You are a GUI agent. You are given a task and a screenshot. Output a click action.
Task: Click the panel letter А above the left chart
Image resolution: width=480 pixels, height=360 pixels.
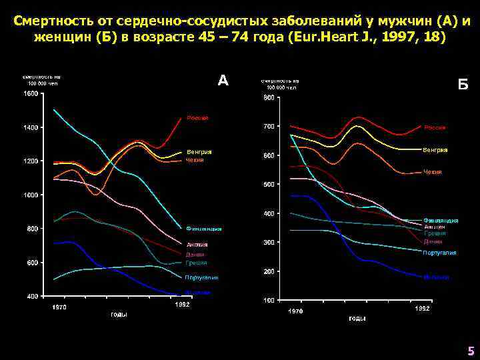point(223,81)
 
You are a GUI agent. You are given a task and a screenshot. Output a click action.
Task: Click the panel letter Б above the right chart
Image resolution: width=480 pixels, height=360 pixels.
point(463,85)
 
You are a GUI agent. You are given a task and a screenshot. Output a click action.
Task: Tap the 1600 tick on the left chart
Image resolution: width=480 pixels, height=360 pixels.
point(31,93)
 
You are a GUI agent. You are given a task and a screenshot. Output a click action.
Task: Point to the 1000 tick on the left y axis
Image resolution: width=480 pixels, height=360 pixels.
point(31,195)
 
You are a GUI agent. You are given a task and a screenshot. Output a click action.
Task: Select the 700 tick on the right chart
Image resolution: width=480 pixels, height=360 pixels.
point(268,127)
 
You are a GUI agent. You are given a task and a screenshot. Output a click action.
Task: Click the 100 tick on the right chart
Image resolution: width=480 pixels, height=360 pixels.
point(268,301)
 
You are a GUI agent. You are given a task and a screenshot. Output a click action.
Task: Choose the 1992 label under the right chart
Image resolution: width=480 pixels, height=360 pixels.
point(423,309)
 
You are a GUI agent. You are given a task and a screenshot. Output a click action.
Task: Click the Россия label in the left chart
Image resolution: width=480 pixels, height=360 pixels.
point(197,118)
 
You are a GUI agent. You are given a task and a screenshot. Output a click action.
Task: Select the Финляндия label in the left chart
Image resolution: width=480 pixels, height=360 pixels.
point(204,229)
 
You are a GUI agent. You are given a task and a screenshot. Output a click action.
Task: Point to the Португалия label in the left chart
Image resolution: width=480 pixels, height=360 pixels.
point(202,277)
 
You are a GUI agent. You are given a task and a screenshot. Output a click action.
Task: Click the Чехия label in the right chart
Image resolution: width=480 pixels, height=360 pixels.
point(433,172)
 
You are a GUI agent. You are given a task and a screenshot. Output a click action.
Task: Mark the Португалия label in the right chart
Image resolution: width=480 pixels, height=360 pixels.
point(439,253)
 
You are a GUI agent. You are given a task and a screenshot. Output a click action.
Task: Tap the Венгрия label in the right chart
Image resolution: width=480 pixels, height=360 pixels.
point(435,150)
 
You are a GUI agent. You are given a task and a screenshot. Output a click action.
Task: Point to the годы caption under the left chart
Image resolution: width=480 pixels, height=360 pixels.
point(119,314)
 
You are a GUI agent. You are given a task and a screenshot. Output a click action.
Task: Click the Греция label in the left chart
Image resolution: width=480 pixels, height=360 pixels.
point(197,263)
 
